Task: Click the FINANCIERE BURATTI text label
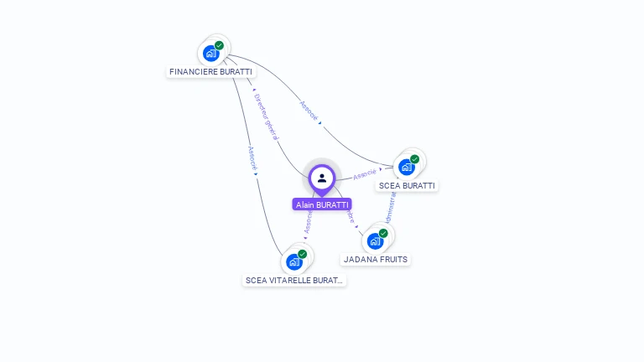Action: (210, 72)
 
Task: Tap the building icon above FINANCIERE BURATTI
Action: (211, 54)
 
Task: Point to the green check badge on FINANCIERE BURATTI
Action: (219, 46)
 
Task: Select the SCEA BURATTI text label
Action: (408, 185)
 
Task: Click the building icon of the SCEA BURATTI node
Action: (407, 167)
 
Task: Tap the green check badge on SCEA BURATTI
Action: (414, 159)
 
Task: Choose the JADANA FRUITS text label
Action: (376, 259)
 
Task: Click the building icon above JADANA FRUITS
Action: (376, 241)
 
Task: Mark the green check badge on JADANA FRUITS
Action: (383, 234)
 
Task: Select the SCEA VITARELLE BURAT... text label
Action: (294, 280)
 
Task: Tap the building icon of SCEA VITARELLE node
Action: (294, 261)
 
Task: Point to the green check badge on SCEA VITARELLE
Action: (302, 254)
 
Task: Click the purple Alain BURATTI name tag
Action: (322, 204)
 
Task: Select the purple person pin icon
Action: (322, 178)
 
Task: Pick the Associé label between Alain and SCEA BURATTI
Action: (365, 175)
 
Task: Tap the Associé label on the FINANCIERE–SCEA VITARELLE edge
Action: (251, 159)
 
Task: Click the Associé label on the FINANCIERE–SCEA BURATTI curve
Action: (309, 112)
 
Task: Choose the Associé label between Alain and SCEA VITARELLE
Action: (309, 222)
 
